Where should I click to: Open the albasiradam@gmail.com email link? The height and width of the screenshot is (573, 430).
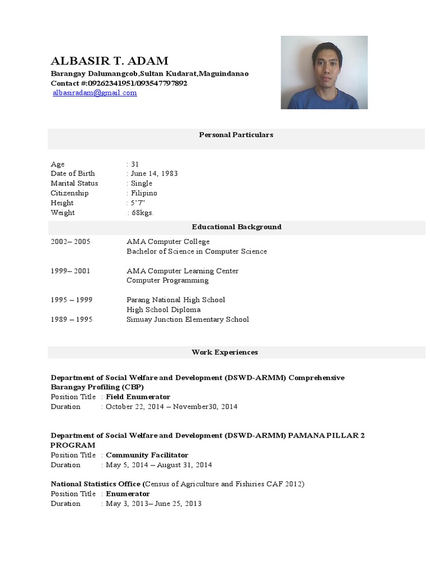click(95, 93)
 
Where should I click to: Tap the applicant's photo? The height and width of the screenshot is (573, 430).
click(324, 72)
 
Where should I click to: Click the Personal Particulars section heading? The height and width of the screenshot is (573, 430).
click(236, 135)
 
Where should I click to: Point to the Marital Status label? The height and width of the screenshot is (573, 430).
click(74, 184)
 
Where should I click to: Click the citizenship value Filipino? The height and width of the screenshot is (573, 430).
click(144, 193)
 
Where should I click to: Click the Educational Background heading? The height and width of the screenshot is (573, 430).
click(236, 227)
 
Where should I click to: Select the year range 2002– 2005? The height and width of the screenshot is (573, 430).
click(71, 242)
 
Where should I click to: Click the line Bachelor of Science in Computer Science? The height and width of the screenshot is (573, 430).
click(197, 251)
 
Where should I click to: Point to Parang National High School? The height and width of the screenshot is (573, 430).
click(176, 300)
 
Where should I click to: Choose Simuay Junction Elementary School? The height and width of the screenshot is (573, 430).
click(188, 320)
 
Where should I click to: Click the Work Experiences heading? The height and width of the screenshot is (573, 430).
click(225, 353)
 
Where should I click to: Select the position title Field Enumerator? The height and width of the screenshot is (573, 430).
click(138, 397)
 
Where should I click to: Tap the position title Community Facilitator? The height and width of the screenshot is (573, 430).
click(147, 455)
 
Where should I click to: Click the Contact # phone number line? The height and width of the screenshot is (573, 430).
click(119, 83)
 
